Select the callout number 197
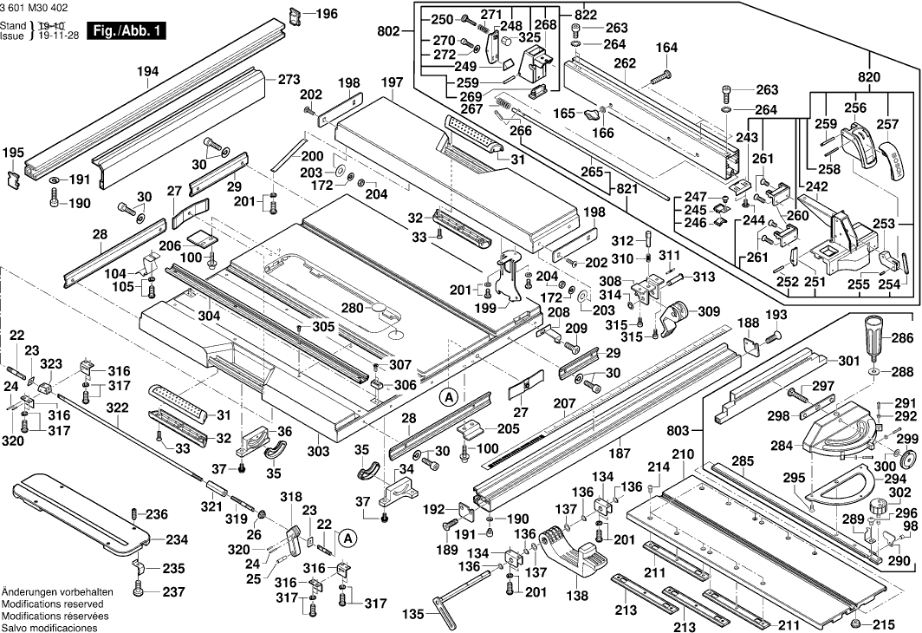click(392, 82)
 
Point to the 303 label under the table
click(318, 451)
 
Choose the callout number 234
click(177, 539)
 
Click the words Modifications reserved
click(52, 604)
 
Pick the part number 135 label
click(414, 615)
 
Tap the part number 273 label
click(289, 80)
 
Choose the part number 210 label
click(683, 454)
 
